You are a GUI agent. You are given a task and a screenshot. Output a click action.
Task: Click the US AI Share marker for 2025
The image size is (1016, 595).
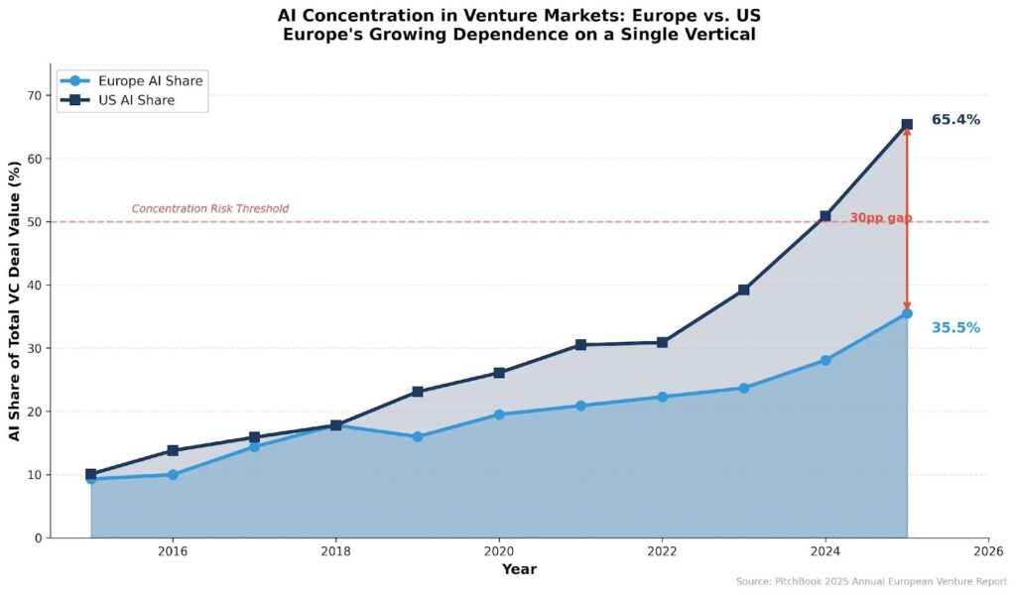tap(907, 125)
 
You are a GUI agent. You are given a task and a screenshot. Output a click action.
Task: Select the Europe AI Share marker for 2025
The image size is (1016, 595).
tap(907, 313)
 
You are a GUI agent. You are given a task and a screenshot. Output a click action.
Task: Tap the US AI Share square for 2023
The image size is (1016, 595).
tap(743, 290)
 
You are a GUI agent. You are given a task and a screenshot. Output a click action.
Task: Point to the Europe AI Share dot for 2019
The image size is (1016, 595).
tap(418, 436)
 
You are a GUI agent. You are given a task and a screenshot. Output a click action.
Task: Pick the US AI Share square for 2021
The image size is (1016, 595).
tap(580, 345)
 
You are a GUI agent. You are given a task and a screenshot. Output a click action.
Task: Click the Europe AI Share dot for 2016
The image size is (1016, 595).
tap(173, 475)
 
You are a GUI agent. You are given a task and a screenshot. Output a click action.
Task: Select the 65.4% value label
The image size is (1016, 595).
tap(955, 120)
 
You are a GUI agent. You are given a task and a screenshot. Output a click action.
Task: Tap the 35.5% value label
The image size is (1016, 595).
tap(955, 328)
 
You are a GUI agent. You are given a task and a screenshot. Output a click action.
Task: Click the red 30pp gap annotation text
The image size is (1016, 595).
tap(880, 218)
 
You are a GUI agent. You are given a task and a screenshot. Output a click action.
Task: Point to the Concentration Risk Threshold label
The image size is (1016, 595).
tap(210, 209)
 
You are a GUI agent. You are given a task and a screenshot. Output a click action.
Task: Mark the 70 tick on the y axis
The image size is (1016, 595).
tap(36, 95)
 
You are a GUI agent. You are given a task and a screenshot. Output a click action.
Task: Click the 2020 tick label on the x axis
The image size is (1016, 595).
tap(499, 551)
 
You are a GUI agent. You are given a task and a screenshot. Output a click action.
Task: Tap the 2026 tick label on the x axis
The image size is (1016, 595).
tap(988, 551)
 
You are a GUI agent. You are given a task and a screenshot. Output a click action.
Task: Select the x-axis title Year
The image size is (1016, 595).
tap(519, 569)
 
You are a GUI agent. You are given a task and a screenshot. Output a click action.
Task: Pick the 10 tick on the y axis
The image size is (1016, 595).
tap(36, 475)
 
